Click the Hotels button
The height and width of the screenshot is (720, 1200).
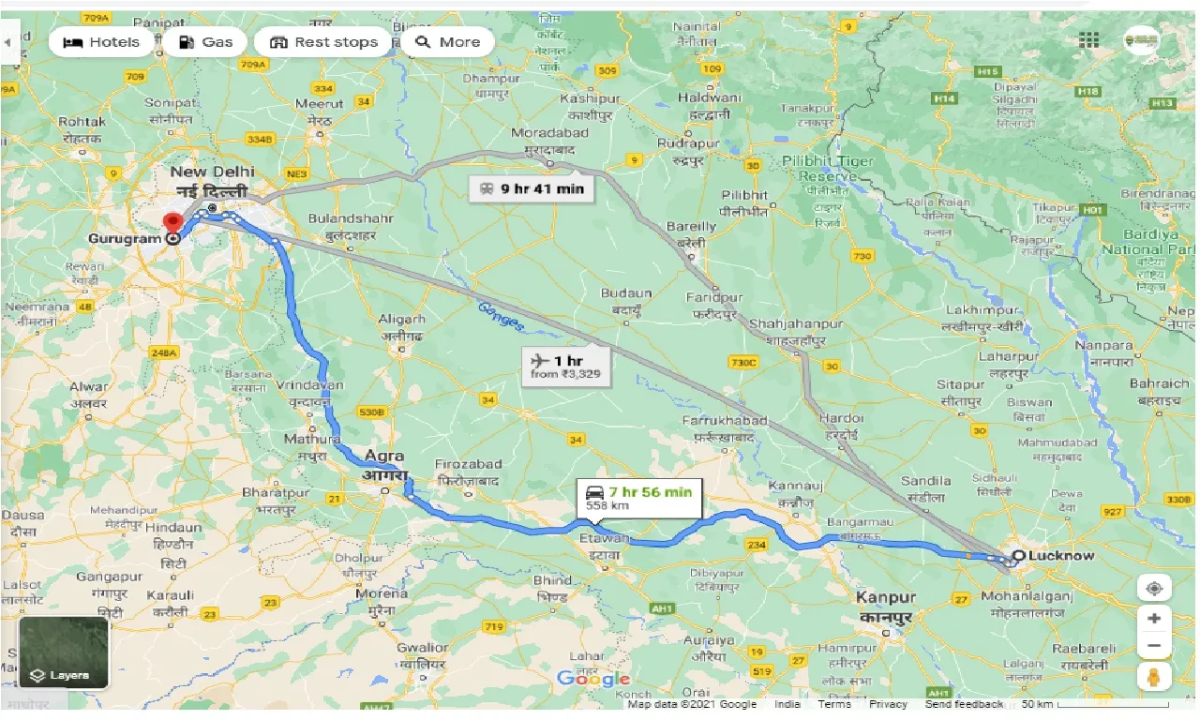[101, 42]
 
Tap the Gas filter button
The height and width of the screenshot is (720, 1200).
[204, 42]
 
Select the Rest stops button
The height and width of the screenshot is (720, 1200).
[323, 42]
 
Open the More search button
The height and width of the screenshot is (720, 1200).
[448, 42]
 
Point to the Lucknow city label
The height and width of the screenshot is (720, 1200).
[1061, 556]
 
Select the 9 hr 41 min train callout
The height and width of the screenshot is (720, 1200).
[531, 188]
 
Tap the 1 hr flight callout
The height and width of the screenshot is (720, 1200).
[565, 367]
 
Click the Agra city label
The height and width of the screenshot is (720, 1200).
[383, 456]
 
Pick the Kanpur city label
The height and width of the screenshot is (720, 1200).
[885, 597]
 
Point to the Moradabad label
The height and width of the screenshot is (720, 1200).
[550, 133]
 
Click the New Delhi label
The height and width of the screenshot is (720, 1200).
[212, 172]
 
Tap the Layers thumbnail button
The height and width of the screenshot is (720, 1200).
[63, 652]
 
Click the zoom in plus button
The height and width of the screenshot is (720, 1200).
[1154, 619]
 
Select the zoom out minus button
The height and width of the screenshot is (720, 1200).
[1154, 646]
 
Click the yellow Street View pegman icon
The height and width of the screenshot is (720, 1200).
[1154, 678]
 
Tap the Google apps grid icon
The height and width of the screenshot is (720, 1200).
[1088, 40]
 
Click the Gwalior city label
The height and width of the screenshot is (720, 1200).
[422, 648]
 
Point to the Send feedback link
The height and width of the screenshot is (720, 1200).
[964, 704]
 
